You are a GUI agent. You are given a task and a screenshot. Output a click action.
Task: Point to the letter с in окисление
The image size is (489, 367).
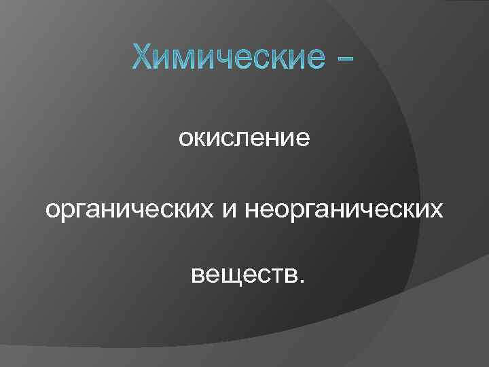pos(228,140)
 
